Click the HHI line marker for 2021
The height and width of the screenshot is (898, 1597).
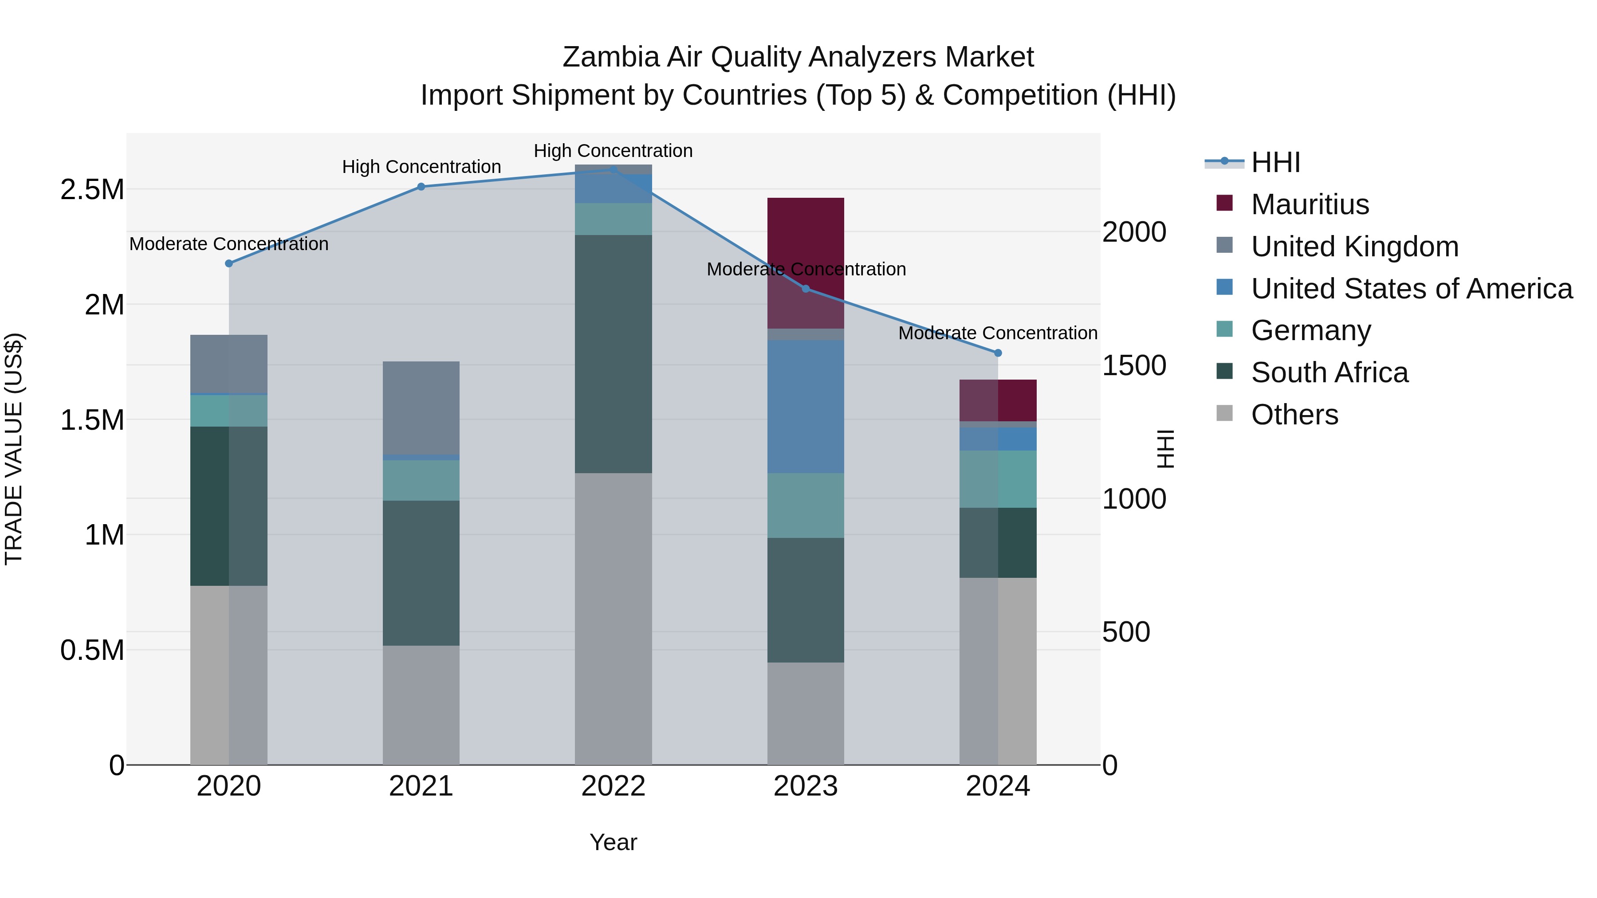tap(421, 187)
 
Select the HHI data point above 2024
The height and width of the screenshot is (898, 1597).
tap(998, 353)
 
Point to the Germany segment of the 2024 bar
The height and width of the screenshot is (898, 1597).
tap(998, 478)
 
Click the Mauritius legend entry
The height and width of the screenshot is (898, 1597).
tap(1310, 204)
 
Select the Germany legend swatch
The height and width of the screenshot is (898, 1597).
tap(1224, 329)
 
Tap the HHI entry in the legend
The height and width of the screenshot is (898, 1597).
tap(1275, 162)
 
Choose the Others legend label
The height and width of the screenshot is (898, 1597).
tap(1294, 415)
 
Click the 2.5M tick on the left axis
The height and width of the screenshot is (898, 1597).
tap(92, 190)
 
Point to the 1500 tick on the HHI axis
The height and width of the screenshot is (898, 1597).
tap(1134, 366)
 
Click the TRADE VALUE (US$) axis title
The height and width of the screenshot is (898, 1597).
tap(14, 449)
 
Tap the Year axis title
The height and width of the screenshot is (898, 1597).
tap(613, 842)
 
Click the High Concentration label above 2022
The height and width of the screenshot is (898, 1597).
tap(613, 151)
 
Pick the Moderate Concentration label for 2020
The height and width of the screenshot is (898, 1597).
tap(229, 244)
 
